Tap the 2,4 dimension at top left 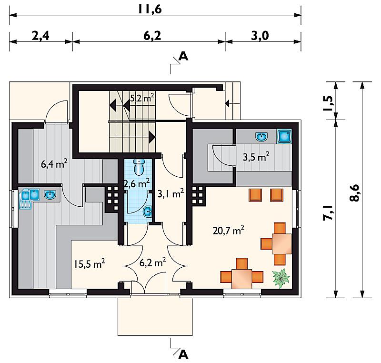40,36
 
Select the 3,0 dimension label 260,36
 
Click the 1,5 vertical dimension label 327,103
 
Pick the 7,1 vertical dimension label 327,212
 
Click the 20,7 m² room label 229,230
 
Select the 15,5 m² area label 90,263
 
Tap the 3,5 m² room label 256,157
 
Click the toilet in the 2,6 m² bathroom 139,167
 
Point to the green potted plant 281,278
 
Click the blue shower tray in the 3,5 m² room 284,136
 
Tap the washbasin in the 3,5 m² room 261,137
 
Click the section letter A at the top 183,56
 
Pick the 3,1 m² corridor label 171,194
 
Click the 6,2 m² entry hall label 153,262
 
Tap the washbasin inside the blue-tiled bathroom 147,212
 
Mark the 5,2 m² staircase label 142,98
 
